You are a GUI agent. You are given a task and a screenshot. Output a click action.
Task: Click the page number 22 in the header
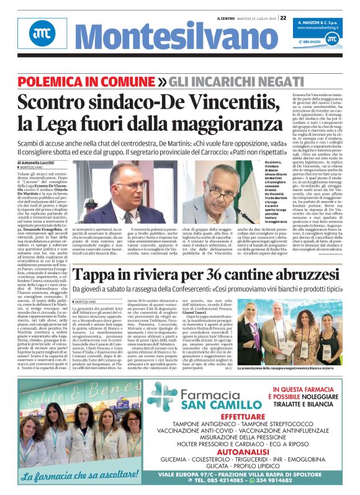coord(283,18)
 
